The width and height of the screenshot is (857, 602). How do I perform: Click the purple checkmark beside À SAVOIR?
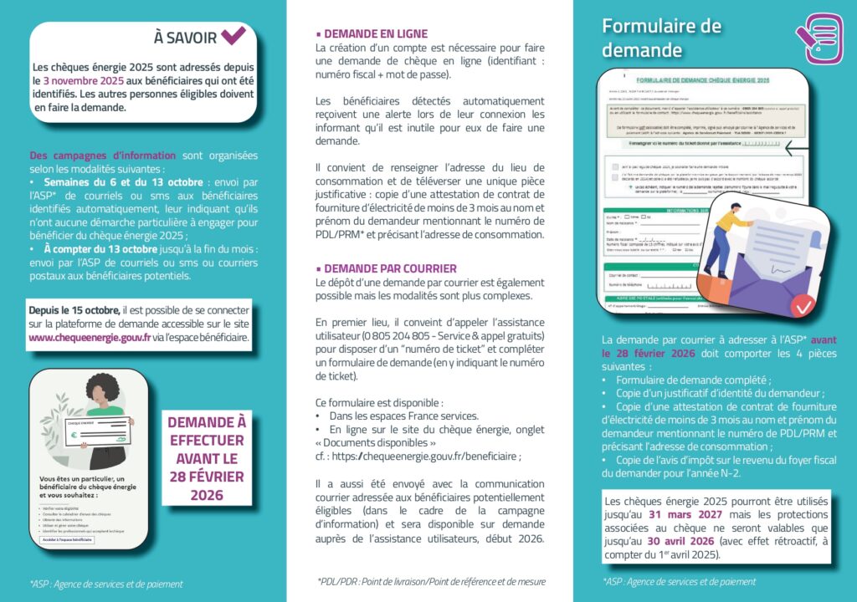[x=233, y=36]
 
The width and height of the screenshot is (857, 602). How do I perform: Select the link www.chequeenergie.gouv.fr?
[x=90, y=338]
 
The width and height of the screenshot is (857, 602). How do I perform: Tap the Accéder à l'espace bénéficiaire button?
[x=67, y=540]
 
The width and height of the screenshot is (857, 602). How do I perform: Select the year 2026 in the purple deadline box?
[x=207, y=495]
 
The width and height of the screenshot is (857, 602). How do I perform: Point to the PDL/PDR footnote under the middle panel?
[x=431, y=581]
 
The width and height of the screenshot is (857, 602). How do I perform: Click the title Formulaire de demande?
[x=661, y=38]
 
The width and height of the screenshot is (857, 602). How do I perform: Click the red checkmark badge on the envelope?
[x=803, y=307]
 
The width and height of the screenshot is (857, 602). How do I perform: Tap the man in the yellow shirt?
[x=721, y=237]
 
